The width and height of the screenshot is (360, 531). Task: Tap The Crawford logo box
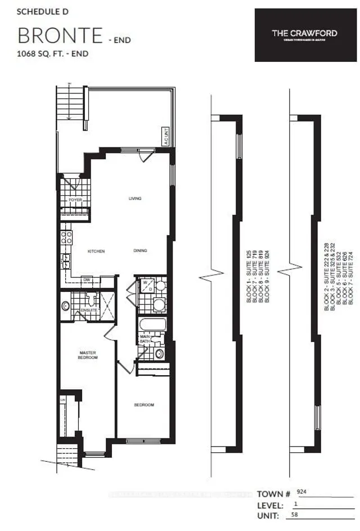304,34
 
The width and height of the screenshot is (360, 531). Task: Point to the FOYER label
75,200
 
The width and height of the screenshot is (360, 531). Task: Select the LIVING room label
134,199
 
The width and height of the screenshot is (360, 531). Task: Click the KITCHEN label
96,251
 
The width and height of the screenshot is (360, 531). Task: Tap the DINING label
141,251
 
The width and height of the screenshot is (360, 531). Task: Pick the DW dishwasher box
87,279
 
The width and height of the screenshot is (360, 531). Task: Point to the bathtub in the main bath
152,325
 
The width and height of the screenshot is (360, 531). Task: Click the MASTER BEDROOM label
88,355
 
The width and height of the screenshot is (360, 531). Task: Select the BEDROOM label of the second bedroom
144,405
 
